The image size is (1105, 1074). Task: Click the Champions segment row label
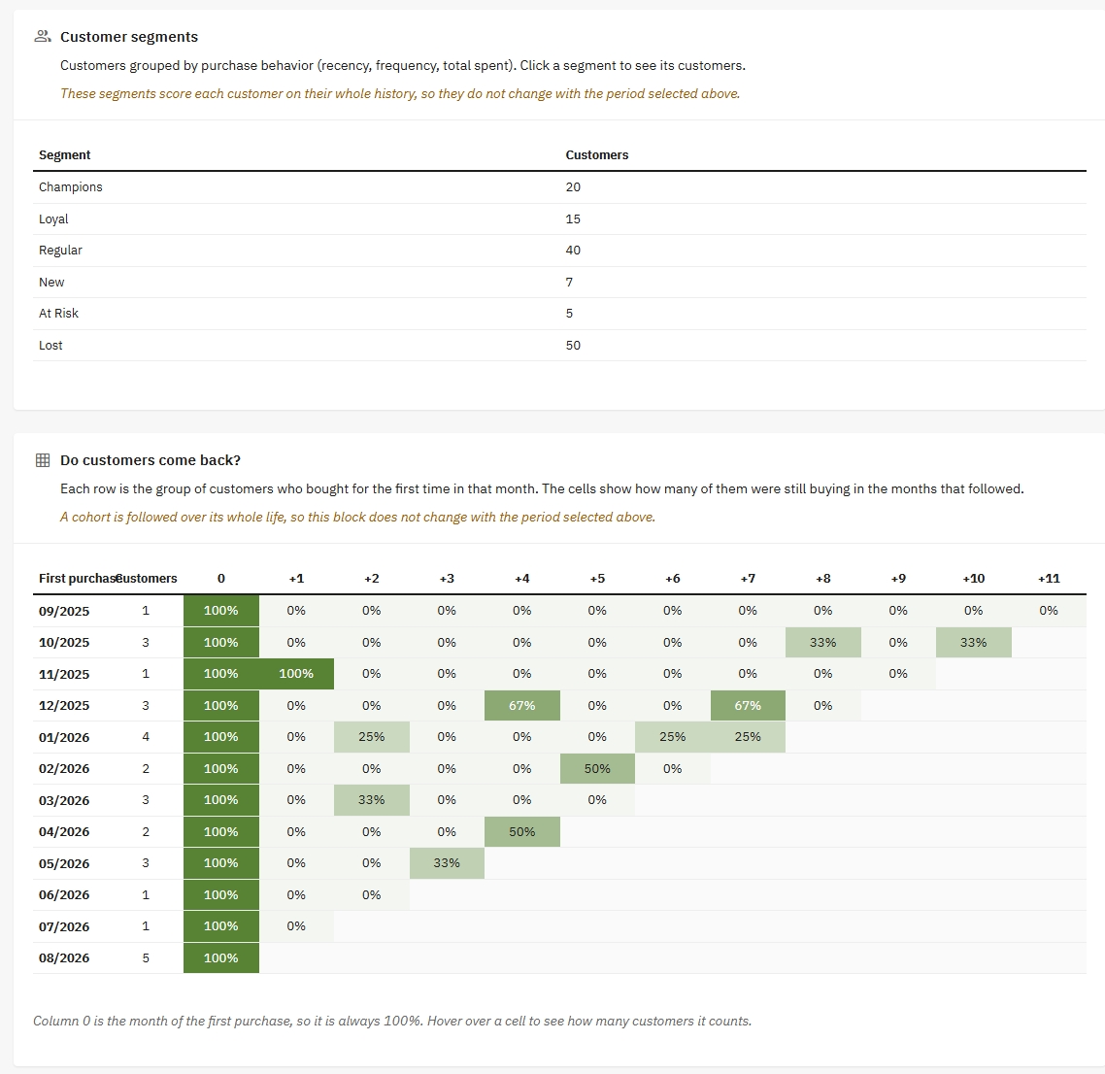[x=71, y=186]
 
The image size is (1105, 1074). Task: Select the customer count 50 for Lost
[x=573, y=346]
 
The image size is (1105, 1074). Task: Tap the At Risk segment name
[x=58, y=313]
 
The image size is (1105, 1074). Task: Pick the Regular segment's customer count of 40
[x=573, y=251]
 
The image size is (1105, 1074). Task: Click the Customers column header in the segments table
[x=597, y=155]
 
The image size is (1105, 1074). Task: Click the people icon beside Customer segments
[x=43, y=37]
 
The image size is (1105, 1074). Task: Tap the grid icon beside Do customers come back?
[x=43, y=460]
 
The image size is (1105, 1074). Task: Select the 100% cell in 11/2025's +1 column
[x=297, y=674]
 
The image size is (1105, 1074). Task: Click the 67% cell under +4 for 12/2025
[x=522, y=705]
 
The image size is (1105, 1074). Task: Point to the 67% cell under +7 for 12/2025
[x=748, y=705]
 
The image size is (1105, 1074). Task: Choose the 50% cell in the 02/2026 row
[x=597, y=768]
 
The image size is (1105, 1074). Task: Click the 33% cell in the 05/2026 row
[x=447, y=862]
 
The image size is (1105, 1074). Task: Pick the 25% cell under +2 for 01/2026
[x=371, y=736]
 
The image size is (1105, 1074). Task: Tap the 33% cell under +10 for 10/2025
[x=973, y=642]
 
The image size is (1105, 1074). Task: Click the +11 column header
[x=1049, y=579]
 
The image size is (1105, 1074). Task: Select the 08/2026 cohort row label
[x=64, y=957]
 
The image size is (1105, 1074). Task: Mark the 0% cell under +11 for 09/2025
[x=1049, y=610]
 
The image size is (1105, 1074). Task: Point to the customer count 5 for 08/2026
[x=146, y=957]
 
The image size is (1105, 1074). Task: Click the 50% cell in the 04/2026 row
[x=522, y=831]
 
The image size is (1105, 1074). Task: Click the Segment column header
[x=65, y=155]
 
